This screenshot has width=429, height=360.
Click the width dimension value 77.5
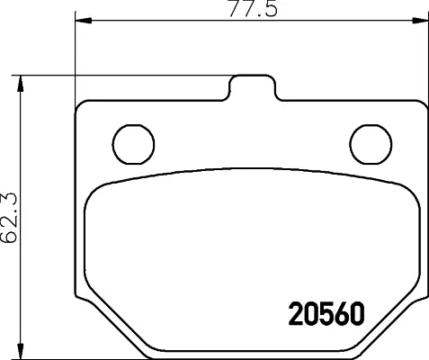[x=254, y=9]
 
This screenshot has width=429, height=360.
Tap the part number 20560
[x=326, y=314]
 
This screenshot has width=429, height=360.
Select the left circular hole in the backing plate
[x=133, y=144]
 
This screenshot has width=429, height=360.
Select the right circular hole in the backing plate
[x=371, y=144]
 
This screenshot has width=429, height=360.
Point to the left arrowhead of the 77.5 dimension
[x=84, y=21]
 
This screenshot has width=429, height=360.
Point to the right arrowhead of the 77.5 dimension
[x=420, y=21]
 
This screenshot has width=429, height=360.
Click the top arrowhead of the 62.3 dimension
[x=21, y=84]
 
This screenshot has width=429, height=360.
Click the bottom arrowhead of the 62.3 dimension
[x=21, y=352]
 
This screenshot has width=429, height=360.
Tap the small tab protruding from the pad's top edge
[x=252, y=87]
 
